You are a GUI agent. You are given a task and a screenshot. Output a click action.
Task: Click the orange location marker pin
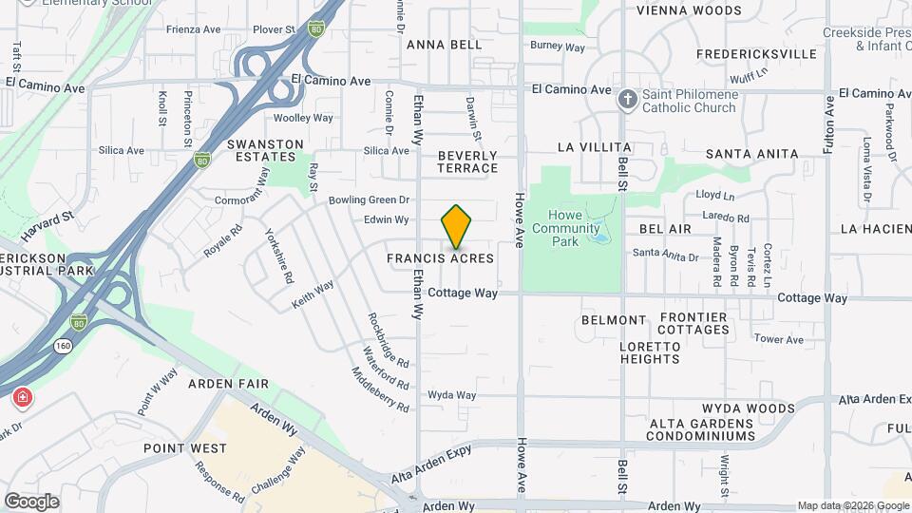point(457,227)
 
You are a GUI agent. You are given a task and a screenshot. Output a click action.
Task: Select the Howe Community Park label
point(566,228)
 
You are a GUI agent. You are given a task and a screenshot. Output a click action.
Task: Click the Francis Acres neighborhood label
point(440,258)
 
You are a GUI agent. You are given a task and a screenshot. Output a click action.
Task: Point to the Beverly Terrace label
point(467,161)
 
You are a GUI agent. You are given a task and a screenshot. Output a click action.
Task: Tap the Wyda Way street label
point(451,395)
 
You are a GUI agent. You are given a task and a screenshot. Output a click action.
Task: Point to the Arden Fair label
point(228,384)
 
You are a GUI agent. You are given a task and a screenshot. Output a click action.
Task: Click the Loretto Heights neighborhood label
point(651,352)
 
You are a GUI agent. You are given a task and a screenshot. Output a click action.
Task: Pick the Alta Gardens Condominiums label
point(702,429)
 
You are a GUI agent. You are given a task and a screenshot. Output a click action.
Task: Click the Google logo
point(31,501)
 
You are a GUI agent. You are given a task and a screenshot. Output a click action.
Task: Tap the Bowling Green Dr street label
point(369,200)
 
